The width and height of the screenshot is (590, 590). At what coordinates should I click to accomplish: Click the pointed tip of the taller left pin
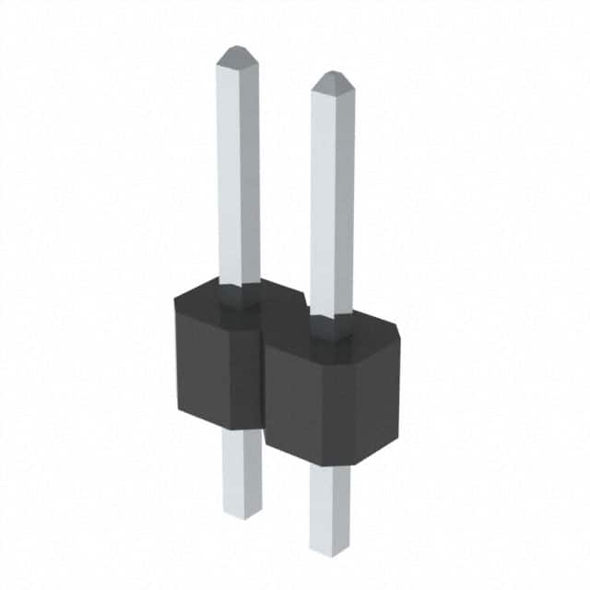pyautogui.click(x=237, y=49)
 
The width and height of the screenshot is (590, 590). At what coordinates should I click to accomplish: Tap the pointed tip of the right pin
pyautogui.click(x=332, y=74)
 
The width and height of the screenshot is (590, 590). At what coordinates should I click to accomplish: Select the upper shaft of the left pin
pyautogui.click(x=238, y=166)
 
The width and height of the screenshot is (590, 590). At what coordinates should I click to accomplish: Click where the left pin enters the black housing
pyautogui.click(x=239, y=293)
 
